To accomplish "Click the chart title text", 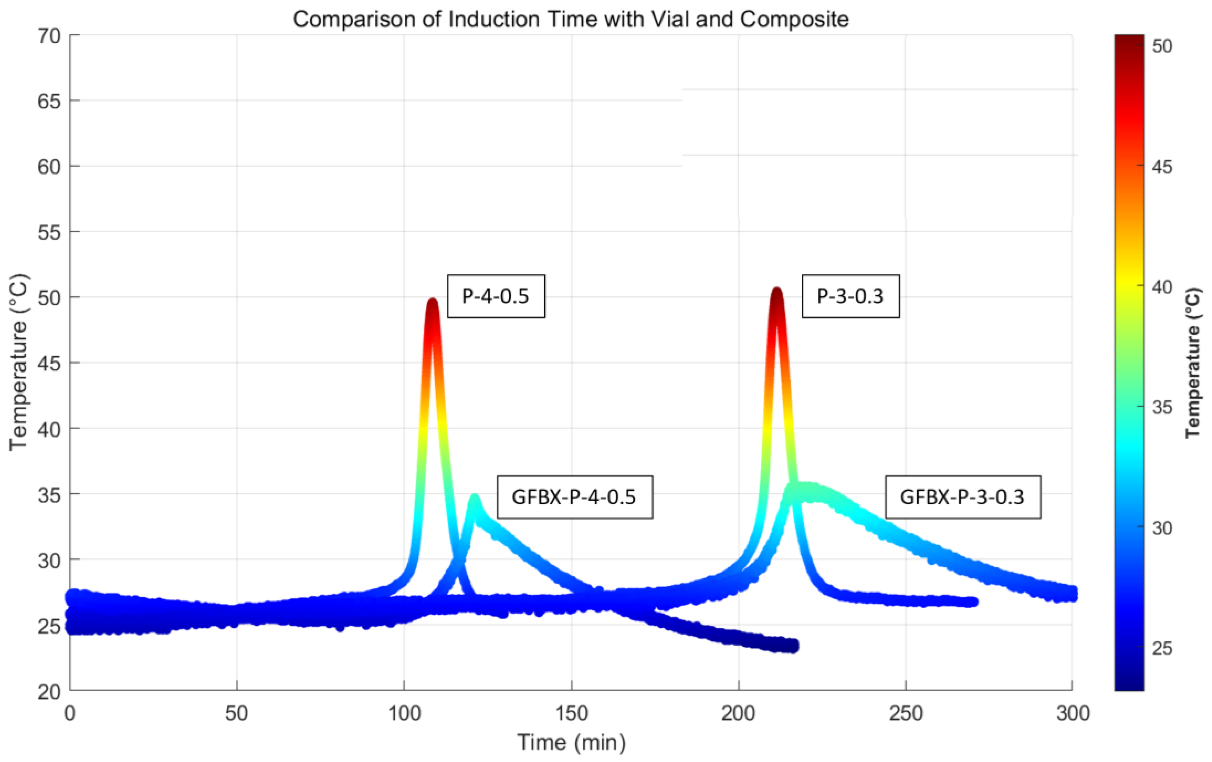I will point(571,20).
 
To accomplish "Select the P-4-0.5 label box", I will point(496,296).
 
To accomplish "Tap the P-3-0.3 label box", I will point(850,296).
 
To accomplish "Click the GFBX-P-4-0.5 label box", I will point(574,497).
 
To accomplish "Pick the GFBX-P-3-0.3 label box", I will point(962,497).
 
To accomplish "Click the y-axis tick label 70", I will point(49,36).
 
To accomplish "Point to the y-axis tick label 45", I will point(49,363).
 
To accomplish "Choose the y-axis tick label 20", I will point(49,692).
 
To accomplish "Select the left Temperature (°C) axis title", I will point(19,362).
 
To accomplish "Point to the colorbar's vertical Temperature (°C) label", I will point(1193,362).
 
